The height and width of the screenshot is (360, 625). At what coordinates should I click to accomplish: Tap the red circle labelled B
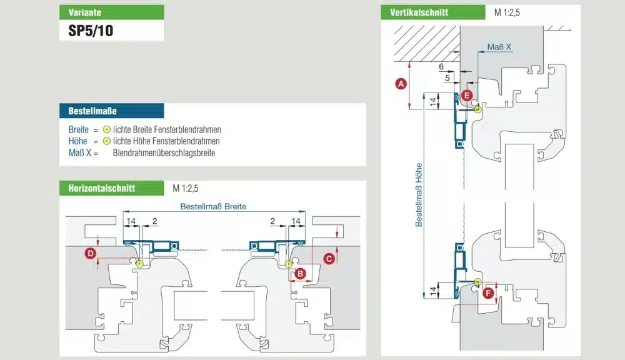pos(300,273)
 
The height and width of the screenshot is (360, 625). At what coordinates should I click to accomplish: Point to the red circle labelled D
pos(91,253)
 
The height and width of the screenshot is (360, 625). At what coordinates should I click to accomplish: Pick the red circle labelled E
pos(467,96)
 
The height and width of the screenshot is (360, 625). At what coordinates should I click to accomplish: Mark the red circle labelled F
pos(488,292)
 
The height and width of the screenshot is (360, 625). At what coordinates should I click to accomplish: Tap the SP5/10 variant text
pos(91,30)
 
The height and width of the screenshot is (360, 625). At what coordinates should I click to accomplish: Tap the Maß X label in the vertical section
pos(499,47)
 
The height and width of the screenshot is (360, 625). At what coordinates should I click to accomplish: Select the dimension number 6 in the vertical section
pos(441,66)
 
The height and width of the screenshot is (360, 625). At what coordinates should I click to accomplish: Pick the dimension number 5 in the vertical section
pos(447,79)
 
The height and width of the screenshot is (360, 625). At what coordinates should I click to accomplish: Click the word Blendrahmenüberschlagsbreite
pos(164,153)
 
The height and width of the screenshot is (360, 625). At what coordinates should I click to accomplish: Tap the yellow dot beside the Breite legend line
pos(107,129)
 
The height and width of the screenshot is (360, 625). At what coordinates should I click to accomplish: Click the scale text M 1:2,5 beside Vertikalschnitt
pos(506,12)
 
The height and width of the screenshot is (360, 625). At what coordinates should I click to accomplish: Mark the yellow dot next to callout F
pos(477,282)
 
